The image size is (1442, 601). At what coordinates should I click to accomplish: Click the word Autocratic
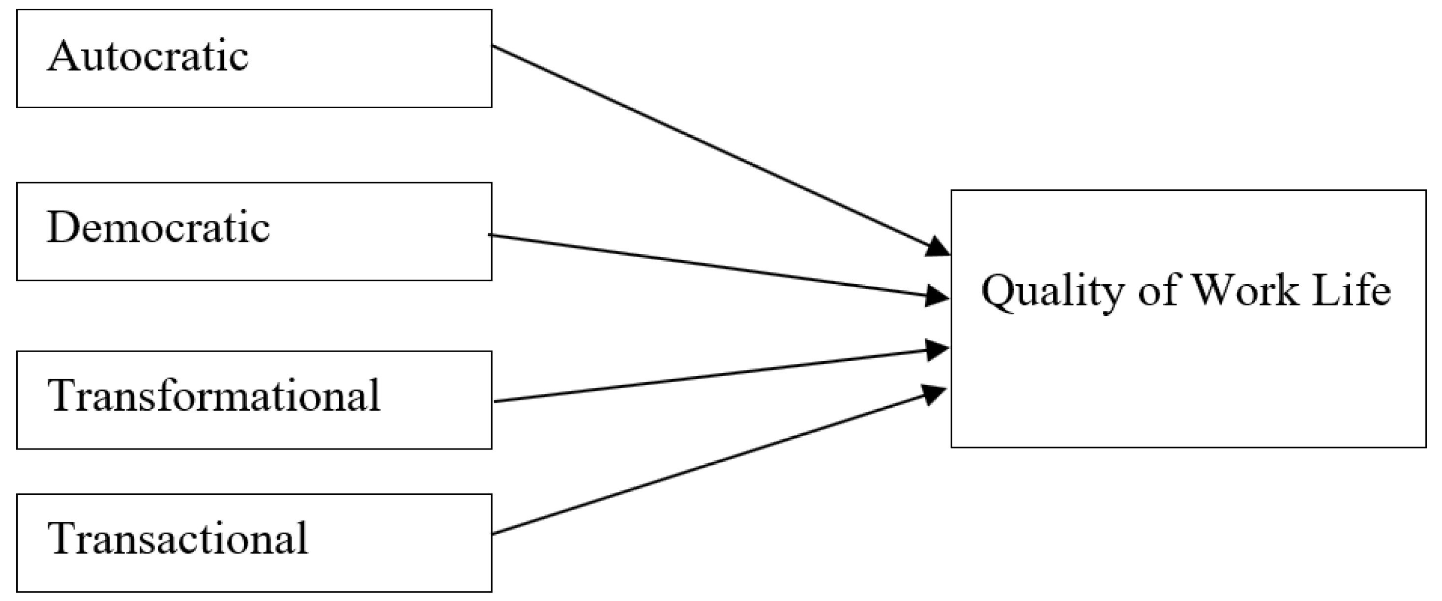click(148, 57)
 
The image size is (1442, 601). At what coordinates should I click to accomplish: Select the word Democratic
click(158, 228)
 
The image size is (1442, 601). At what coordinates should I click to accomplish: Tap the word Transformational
click(215, 395)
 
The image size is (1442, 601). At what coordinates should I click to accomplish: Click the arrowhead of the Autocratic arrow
click(938, 247)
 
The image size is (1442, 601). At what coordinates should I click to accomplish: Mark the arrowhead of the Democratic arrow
click(937, 296)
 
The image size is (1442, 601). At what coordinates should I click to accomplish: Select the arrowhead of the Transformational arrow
click(937, 351)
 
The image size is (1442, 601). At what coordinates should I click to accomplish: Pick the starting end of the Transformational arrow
click(496, 401)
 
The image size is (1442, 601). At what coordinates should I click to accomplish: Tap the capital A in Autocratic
click(63, 56)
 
